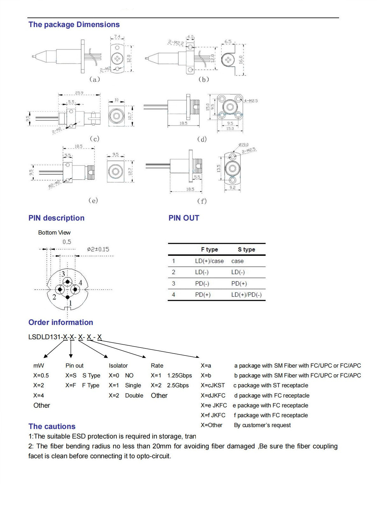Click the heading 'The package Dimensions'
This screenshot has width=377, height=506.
pos(74,25)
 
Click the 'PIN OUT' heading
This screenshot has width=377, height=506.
pos(184,218)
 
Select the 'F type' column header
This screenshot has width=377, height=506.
pos(209,249)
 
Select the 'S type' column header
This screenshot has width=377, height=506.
pos(246,249)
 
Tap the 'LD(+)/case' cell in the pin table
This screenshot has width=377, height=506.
pos(209,261)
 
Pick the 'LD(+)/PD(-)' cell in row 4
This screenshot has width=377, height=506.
pos(246,295)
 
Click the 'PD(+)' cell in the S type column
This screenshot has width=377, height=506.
pos(239,284)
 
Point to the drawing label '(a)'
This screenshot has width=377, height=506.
pos(94,79)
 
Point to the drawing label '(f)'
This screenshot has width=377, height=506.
pos(202,201)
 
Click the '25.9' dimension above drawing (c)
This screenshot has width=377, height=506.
pos(79,93)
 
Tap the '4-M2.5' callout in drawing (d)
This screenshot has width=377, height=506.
pos(251,101)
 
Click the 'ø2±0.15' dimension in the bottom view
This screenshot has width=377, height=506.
pos(98,249)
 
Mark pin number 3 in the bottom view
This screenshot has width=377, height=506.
pos(63,274)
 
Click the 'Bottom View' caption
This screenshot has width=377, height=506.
pos(54,233)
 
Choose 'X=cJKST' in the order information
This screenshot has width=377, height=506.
pos(212,385)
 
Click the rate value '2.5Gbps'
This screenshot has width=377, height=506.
pos(178,385)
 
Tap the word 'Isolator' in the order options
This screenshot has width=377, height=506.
pos(118,366)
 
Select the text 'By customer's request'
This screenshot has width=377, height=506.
pos(262,425)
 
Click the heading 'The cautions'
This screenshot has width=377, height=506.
pos(52,426)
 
